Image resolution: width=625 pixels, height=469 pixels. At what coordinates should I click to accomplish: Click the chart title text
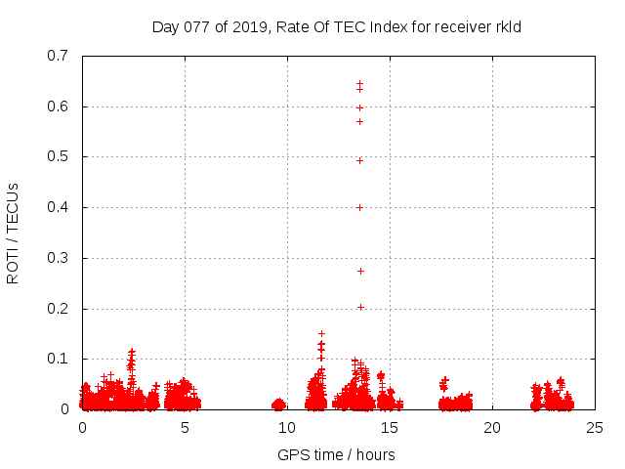coord(337,26)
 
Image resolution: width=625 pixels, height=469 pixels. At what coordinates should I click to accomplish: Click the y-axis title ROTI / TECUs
coord(14,233)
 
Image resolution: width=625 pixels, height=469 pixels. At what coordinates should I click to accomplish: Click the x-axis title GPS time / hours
coord(337,454)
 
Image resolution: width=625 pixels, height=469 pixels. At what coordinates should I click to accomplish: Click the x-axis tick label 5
coord(185,428)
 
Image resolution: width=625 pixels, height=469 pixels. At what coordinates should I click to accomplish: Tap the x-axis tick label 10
coord(287,428)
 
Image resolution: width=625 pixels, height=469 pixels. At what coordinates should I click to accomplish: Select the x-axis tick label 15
coord(390,428)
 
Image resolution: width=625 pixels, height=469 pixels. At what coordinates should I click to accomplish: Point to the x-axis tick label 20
coord(492,428)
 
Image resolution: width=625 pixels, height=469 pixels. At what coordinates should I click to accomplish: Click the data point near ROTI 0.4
coord(359,207)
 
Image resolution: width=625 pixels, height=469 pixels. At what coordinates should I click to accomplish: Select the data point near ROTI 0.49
coord(359,160)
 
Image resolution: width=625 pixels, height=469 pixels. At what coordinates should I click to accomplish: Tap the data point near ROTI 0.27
coord(359,271)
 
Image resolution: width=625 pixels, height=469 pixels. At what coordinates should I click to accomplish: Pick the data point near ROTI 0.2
coord(359,307)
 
